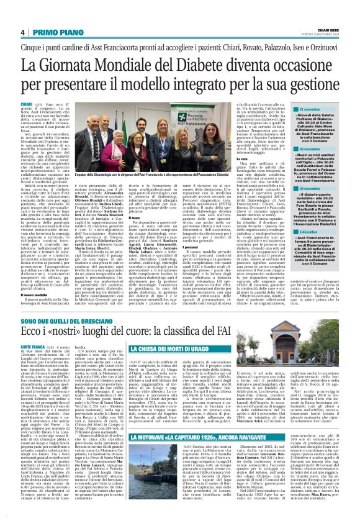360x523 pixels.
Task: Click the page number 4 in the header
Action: (22, 32)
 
